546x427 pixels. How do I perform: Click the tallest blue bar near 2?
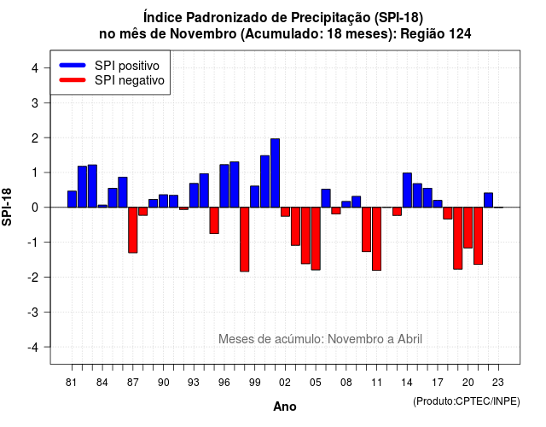pyautogui.click(x=275, y=173)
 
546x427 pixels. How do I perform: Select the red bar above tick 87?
pyautogui.click(x=133, y=230)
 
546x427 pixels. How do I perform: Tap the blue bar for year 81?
pyautogui.click(x=72, y=199)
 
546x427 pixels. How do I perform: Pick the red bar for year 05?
pyautogui.click(x=316, y=239)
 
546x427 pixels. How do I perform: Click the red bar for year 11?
pyautogui.click(x=377, y=239)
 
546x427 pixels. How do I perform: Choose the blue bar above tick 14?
pyautogui.click(x=407, y=190)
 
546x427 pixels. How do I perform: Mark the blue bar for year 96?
pyautogui.click(x=224, y=186)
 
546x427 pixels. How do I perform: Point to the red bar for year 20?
pyautogui.click(x=468, y=228)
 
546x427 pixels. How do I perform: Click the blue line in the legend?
pyautogui.click(x=73, y=65)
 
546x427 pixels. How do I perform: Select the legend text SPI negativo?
pyautogui.click(x=129, y=80)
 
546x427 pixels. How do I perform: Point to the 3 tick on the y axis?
pyautogui.click(x=47, y=102)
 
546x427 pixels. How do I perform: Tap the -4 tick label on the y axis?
pyautogui.click(x=34, y=348)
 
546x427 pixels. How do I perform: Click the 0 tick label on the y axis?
pyautogui.click(x=35, y=208)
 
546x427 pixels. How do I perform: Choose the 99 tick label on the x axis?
pyautogui.click(x=254, y=383)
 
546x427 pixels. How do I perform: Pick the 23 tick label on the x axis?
pyautogui.click(x=498, y=383)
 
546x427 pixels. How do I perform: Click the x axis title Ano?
pyautogui.click(x=284, y=407)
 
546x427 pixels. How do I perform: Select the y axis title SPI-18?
pyautogui.click(x=7, y=207)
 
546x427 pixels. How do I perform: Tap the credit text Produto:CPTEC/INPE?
pyautogui.click(x=467, y=401)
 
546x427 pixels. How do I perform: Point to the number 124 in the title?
pyautogui.click(x=460, y=34)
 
